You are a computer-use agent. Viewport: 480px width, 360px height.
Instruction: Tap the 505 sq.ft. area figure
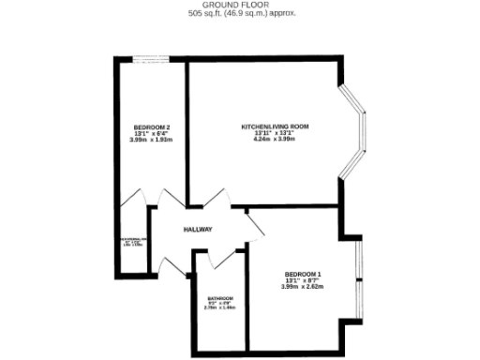tap(208, 14)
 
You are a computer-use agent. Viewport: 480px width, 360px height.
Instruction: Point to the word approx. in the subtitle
tap(281, 14)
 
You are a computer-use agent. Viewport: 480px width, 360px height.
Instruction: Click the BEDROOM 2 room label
tap(151, 127)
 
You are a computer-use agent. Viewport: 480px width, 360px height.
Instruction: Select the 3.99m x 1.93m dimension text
tap(151, 140)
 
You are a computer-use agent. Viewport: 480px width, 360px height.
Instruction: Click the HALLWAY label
tap(198, 230)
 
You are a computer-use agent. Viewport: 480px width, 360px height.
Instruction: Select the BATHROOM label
tap(220, 297)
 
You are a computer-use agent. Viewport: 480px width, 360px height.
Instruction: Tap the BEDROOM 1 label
tap(302, 274)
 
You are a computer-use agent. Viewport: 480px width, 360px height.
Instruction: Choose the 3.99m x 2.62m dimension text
tap(302, 287)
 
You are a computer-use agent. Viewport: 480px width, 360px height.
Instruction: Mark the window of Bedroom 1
tap(357, 278)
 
